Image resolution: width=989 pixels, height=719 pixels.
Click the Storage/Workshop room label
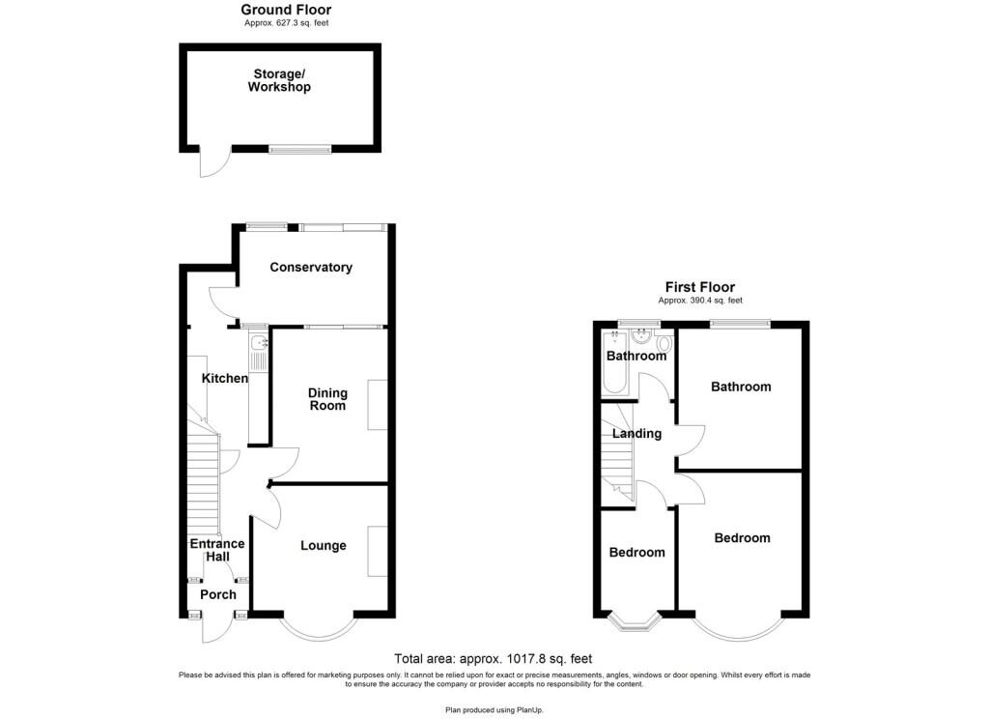point(279,81)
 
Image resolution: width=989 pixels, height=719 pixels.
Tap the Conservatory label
point(311,267)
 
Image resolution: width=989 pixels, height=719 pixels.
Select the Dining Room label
point(327,399)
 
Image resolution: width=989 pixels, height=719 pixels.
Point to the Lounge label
point(323,545)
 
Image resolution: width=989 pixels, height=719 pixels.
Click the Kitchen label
point(224,378)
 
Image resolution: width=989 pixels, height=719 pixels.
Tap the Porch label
point(217,594)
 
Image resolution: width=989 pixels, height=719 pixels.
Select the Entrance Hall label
point(217,550)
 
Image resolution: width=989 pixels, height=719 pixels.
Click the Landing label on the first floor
point(637,434)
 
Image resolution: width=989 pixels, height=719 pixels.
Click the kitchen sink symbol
point(259,343)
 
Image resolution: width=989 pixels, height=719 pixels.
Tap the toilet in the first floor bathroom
point(664,343)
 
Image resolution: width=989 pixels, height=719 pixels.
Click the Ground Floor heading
point(286,10)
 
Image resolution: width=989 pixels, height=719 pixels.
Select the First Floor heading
point(700,287)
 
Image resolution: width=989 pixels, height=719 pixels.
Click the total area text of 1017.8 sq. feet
point(494,659)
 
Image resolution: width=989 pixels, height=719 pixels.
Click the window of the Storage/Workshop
point(300,150)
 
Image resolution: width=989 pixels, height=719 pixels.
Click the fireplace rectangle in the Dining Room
point(378,405)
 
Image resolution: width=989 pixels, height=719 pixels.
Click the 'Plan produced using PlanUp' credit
point(494,710)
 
